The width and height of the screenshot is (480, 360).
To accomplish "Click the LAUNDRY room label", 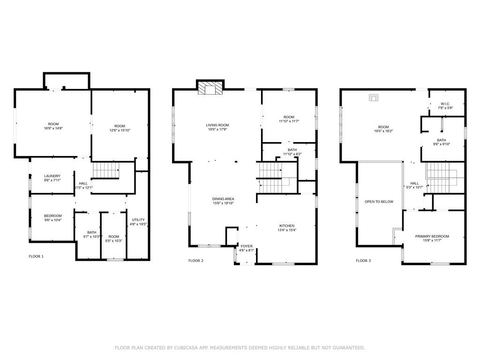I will (x=52, y=176).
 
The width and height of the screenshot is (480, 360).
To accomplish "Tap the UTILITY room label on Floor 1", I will (x=138, y=220).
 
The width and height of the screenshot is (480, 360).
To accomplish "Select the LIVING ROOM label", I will (x=217, y=125).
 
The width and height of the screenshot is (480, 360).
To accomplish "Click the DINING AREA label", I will (x=223, y=199).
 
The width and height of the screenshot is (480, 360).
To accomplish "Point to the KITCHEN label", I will (x=287, y=225).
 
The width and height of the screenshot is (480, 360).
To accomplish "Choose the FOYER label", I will (x=247, y=246).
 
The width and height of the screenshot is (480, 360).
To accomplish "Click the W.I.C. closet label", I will (x=445, y=104).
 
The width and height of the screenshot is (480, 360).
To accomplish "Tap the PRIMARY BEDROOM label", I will (x=432, y=236).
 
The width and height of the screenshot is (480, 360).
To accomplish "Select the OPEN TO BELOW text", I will (x=379, y=202).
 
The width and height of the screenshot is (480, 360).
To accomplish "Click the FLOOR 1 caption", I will (x=36, y=256).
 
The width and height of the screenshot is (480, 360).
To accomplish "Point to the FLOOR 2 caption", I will (x=196, y=261).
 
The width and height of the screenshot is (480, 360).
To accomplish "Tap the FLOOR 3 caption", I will (x=363, y=261).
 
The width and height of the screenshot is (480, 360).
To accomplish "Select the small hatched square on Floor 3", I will (x=374, y=98).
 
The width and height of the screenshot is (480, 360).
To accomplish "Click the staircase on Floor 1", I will (x=106, y=170).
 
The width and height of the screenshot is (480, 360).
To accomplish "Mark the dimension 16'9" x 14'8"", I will (x=53, y=128).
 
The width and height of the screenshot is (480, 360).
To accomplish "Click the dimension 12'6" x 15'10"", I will (x=120, y=130).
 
